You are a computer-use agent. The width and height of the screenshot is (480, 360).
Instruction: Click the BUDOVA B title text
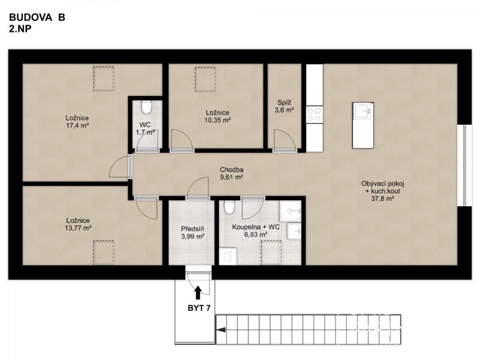[x=37, y=17]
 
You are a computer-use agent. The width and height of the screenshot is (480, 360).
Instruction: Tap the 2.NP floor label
[x=20, y=29]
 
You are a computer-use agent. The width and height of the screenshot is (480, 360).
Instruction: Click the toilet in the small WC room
[x=146, y=107]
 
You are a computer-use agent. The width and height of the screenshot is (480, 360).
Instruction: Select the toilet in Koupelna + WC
[x=229, y=207]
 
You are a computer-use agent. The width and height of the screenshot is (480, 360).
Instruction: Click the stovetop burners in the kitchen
[x=314, y=115]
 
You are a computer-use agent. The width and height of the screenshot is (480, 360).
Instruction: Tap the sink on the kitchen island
[x=363, y=111]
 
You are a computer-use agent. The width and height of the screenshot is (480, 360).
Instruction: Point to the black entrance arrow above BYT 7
[x=198, y=292]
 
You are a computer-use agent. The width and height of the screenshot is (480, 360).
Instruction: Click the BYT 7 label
[x=199, y=308]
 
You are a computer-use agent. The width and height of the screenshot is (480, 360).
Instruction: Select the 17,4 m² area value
[x=77, y=125]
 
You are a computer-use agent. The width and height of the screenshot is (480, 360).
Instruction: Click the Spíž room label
[x=284, y=103]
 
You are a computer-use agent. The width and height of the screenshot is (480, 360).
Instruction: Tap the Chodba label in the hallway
[x=232, y=170]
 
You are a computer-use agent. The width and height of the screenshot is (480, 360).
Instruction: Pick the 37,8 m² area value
[x=382, y=199]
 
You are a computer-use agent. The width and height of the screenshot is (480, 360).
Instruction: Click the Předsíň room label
[x=193, y=229]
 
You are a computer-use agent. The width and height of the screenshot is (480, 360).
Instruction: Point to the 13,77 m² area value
[x=78, y=228]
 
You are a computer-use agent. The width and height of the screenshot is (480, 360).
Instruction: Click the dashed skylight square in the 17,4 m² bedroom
[x=103, y=79]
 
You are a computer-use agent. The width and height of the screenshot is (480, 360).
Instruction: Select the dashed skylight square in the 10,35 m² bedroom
[x=205, y=79]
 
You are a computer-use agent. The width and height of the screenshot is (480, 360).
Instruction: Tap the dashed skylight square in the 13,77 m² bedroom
[x=103, y=253]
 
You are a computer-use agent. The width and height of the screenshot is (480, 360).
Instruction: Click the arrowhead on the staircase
[x=221, y=329]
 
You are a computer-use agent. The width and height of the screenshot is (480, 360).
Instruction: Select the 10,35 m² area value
[x=217, y=121]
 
